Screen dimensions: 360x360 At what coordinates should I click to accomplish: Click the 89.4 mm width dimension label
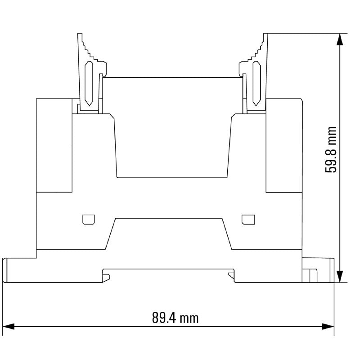coord(175,318)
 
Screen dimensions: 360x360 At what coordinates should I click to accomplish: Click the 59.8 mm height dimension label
coord(331,150)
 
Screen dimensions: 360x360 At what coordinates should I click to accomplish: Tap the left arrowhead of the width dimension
coord(8,327)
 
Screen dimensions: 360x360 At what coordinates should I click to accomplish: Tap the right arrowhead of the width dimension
coord(328,327)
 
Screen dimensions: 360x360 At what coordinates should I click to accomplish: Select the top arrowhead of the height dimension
coord(340,39)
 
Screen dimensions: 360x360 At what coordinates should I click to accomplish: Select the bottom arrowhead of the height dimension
coord(340,276)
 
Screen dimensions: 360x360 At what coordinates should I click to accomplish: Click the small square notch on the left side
coord(89,220)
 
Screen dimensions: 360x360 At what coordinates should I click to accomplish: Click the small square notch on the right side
coord(248,220)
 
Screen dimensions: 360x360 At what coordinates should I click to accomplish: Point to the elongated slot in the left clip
coord(89,83)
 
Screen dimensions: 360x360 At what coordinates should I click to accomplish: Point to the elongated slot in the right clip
coord(256,83)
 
